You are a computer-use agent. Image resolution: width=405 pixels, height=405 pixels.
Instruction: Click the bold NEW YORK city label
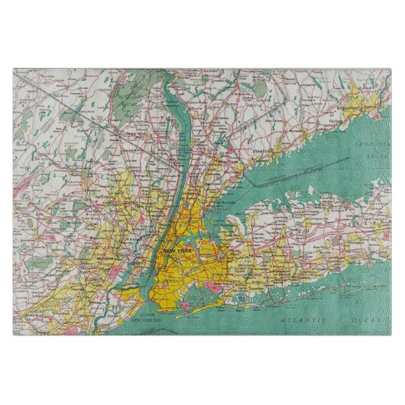click(x=178, y=250)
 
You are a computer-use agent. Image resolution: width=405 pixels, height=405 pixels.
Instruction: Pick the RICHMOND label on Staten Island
click(x=115, y=309)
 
